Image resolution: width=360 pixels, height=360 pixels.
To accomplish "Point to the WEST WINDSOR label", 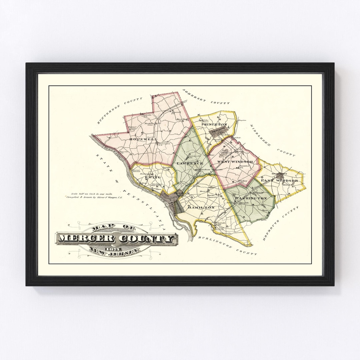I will (235, 162).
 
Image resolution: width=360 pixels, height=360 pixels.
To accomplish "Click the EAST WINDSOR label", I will (279, 181).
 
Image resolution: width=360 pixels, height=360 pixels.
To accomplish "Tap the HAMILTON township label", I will (201, 207).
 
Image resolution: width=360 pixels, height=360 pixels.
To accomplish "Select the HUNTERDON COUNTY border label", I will (119, 110).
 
